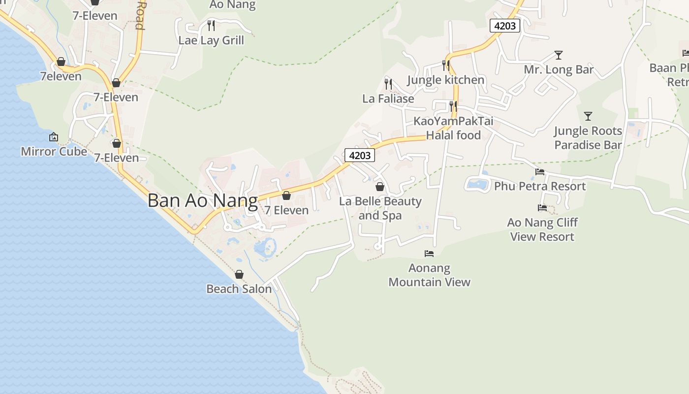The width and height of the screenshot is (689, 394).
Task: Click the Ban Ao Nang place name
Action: pyautogui.click(x=202, y=200)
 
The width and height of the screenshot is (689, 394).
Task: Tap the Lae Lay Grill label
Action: pyautogui.click(x=211, y=40)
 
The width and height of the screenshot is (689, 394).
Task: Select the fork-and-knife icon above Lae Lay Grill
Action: pyautogui.click(x=211, y=25)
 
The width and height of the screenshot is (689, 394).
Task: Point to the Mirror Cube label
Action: pyautogui.click(x=54, y=151)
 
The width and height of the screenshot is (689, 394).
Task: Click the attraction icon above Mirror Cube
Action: pyautogui.click(x=54, y=137)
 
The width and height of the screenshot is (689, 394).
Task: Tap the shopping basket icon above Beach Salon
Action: pyautogui.click(x=239, y=274)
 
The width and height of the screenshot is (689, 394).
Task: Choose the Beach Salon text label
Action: pyautogui.click(x=239, y=289)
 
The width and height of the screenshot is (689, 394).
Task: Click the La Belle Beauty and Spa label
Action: pyautogui.click(x=380, y=208)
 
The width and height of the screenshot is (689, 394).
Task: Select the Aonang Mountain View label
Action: pyautogui.click(x=429, y=275)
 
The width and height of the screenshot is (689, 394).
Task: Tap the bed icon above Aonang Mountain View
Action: pyautogui.click(x=429, y=254)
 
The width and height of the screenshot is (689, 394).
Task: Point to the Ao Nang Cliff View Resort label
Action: pyautogui.click(x=542, y=230)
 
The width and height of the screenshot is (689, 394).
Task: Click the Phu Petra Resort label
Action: pyautogui.click(x=540, y=186)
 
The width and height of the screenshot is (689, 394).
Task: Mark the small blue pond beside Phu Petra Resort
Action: pyautogui.click(x=477, y=184)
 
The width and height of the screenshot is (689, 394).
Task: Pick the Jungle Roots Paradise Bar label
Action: pyautogui.click(x=588, y=138)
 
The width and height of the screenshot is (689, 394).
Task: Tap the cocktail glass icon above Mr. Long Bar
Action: pyautogui.click(x=558, y=55)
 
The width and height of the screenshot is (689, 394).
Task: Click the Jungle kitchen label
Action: pyautogui.click(x=446, y=80)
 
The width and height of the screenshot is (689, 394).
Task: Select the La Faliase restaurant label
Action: pyautogui.click(x=388, y=98)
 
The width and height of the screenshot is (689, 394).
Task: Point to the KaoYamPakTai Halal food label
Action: pyautogui.click(x=453, y=128)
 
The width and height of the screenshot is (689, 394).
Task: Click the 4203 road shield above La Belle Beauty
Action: pyautogui.click(x=359, y=155)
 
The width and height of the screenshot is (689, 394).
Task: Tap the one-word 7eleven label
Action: pyautogui.click(x=61, y=76)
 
